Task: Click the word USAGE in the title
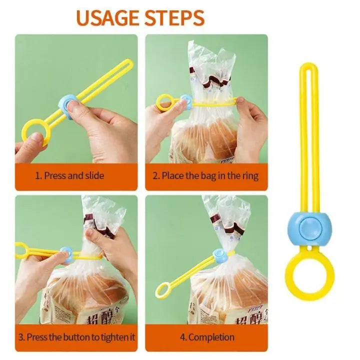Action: (106, 17)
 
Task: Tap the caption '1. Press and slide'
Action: (69, 175)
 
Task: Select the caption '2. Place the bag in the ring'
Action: (205, 175)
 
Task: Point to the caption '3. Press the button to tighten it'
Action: (76, 337)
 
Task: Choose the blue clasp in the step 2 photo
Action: (185, 101)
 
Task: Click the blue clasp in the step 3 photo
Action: (66, 256)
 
